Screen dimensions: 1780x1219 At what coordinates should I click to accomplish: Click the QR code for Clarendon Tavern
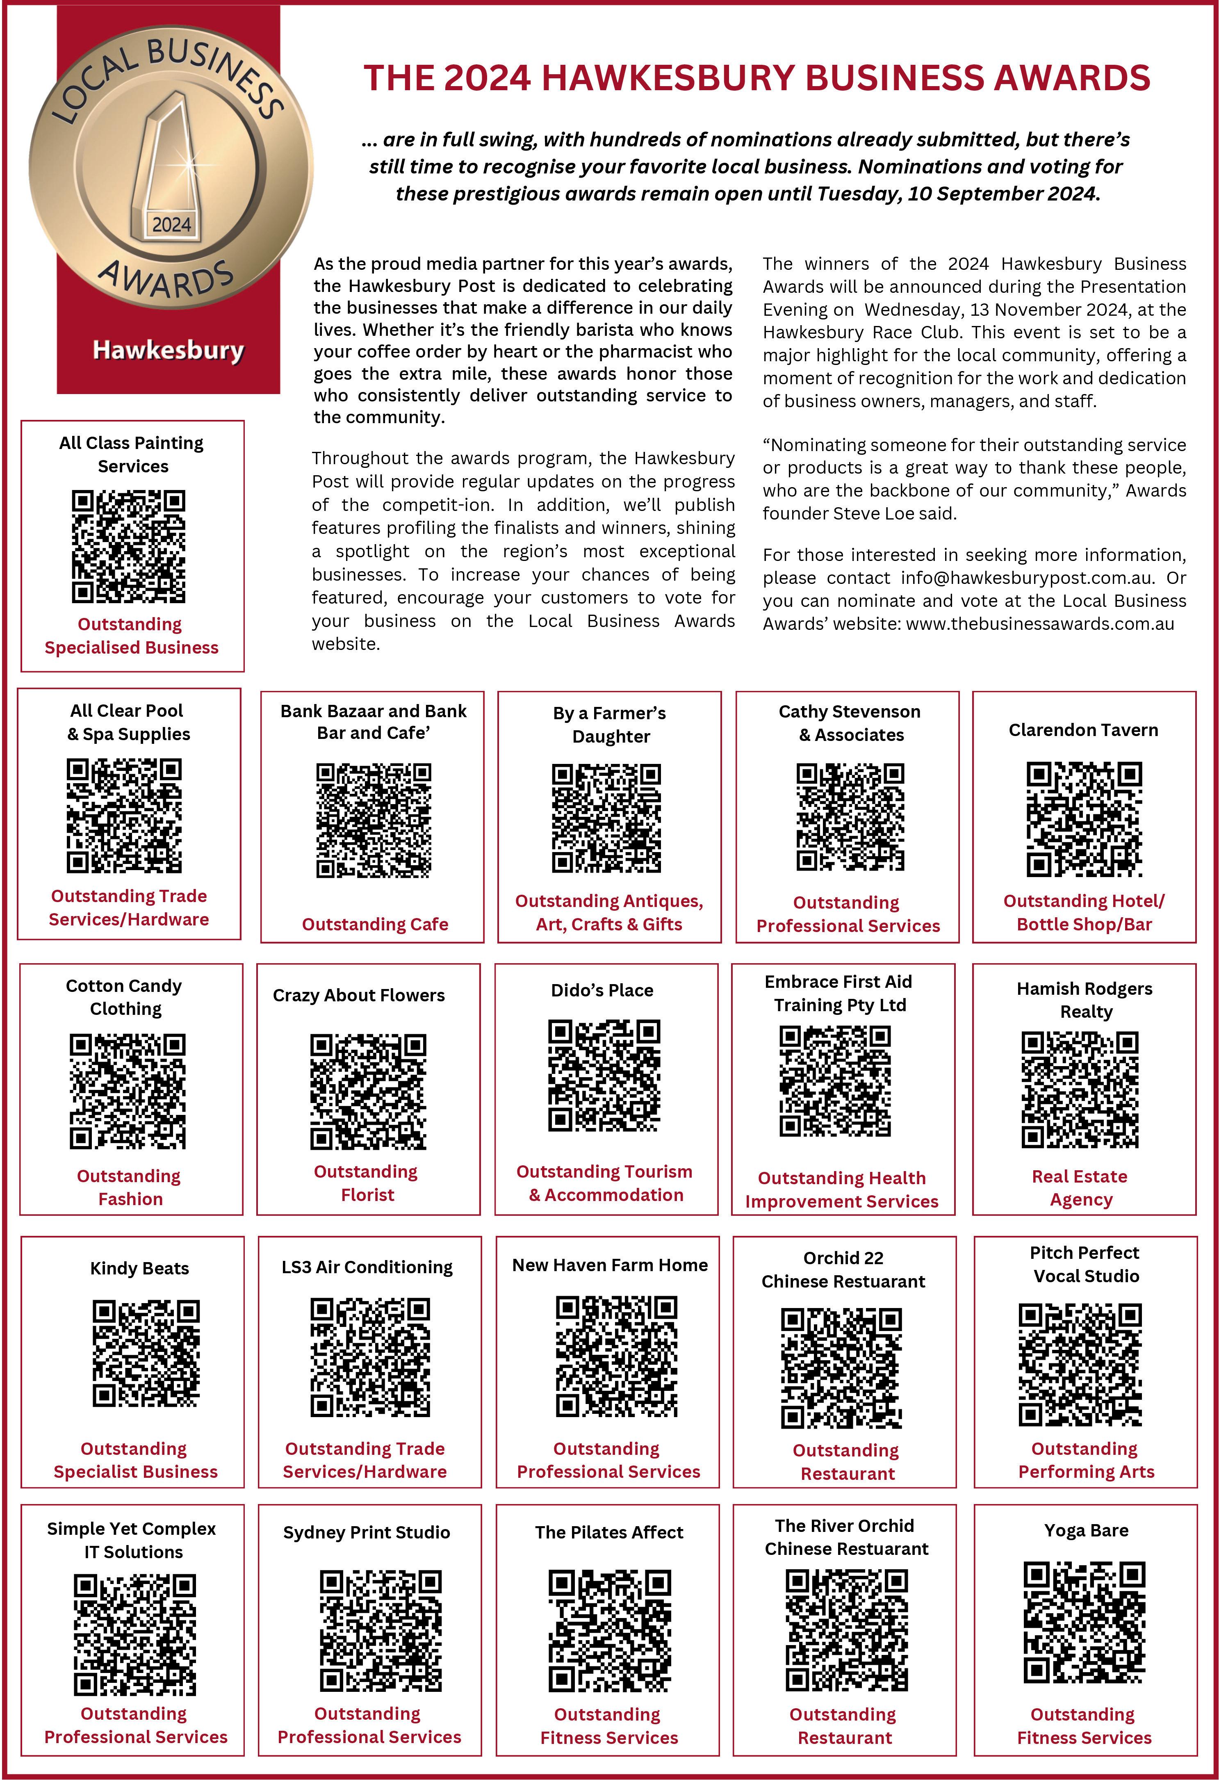pos(1083,819)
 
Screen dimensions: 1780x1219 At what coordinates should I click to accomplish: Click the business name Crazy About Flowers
pos(358,995)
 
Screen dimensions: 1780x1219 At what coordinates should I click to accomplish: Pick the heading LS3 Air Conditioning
pos(367,1267)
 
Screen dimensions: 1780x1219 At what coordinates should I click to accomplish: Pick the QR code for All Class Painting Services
pos(129,546)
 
